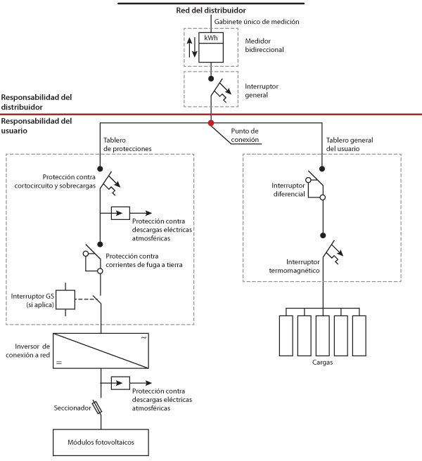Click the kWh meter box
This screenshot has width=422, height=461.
(x=211, y=47)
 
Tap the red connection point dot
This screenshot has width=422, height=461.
(x=211, y=123)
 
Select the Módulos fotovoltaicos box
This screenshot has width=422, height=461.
(x=101, y=442)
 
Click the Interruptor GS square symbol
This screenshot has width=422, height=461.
(x=65, y=299)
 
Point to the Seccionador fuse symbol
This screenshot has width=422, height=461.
(x=97, y=407)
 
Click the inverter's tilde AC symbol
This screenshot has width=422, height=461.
(x=143, y=338)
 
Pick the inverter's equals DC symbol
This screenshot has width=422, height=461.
(x=59, y=363)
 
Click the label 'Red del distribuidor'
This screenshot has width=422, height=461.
(x=211, y=11)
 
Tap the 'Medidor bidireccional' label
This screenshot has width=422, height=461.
(x=264, y=45)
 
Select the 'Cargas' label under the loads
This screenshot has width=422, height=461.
(x=323, y=362)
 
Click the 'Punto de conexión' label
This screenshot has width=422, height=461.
(x=245, y=135)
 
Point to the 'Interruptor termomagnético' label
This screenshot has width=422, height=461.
(x=294, y=266)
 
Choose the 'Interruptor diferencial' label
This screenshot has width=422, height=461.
(x=288, y=190)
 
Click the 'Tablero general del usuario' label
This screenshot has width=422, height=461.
(x=350, y=144)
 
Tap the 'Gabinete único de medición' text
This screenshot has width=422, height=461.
(x=257, y=22)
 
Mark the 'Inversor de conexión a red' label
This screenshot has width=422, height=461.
(x=28, y=351)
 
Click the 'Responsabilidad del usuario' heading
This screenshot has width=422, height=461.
(x=37, y=126)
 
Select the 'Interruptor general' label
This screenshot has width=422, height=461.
(x=262, y=91)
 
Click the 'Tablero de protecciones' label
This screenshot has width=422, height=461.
(x=127, y=144)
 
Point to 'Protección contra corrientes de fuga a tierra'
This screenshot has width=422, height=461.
(x=144, y=261)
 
